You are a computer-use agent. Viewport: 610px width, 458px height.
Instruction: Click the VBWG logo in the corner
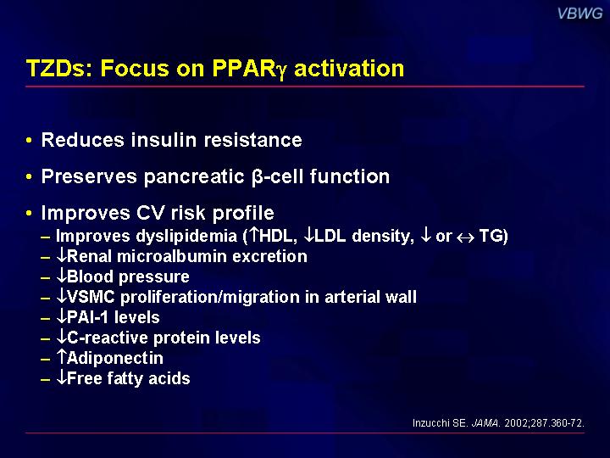pos(579,14)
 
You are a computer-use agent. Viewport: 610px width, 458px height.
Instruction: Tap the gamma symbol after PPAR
pos(281,71)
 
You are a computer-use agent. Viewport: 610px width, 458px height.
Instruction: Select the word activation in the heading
pos(349,68)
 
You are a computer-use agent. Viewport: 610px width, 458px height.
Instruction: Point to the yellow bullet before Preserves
pos(29,176)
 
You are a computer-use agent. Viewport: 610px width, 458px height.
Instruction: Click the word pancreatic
pos(194,176)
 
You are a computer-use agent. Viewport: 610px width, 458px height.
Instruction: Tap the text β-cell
pos(277,176)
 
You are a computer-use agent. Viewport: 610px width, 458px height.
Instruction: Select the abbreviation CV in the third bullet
pos(150,213)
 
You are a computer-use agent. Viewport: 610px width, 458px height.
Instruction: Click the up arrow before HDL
pos(253,235)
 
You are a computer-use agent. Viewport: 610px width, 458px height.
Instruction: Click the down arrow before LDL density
pos(309,235)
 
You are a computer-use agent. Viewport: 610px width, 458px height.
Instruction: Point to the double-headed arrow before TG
pos(465,237)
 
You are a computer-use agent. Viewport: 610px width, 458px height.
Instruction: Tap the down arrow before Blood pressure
pos(62,276)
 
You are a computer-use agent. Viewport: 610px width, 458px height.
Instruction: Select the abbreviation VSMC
pos(91,297)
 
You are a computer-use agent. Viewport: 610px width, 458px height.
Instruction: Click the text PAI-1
pos(87,317)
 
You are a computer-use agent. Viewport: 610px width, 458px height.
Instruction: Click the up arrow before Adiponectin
pos(62,357)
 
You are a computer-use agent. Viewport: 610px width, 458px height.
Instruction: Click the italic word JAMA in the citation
pos(485,423)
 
